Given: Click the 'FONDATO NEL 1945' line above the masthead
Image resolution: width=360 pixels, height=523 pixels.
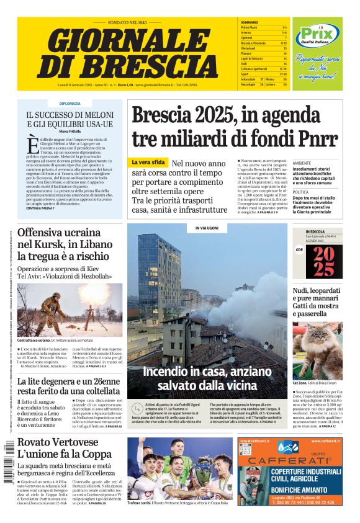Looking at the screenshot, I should click(127, 22).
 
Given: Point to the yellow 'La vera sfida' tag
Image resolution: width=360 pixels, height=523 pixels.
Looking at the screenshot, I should click(148, 162).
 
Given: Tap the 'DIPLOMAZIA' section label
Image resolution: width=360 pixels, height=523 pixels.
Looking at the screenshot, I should click(70, 103).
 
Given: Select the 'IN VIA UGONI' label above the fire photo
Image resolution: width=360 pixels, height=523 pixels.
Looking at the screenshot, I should click(207, 228).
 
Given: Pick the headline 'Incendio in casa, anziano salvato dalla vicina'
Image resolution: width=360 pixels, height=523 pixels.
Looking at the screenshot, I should click(207, 378).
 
